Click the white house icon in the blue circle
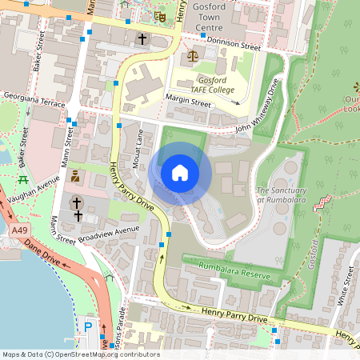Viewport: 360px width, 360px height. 180,172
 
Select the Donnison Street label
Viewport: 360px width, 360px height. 234,45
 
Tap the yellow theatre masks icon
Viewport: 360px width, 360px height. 160,15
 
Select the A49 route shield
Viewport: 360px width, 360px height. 22,230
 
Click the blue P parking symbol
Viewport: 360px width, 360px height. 88,326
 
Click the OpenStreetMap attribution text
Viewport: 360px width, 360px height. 80,354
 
